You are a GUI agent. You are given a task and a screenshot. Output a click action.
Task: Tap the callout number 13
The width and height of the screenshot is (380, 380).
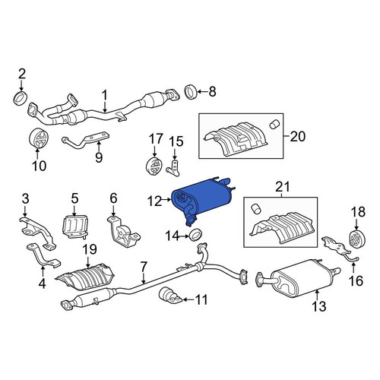click(x=318, y=306)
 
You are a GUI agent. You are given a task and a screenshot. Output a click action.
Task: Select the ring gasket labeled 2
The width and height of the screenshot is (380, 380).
click(x=21, y=99)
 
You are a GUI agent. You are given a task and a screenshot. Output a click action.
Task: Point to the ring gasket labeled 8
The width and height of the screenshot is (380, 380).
click(x=191, y=92)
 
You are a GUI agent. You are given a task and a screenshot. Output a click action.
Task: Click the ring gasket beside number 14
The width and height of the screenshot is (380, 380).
click(x=196, y=235)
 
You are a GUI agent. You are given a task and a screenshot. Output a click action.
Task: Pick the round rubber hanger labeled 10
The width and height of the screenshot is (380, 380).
click(x=38, y=138)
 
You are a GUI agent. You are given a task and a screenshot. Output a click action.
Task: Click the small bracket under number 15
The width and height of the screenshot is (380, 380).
click(x=174, y=168)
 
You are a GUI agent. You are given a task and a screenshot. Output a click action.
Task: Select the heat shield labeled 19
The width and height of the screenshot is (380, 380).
click(x=85, y=277)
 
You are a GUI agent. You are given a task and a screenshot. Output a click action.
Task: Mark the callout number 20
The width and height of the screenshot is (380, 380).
click(x=298, y=137)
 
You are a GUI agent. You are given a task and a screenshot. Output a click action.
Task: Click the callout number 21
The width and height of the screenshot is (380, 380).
click(x=283, y=188)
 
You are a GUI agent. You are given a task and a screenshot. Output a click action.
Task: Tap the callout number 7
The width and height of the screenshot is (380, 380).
click(x=144, y=268)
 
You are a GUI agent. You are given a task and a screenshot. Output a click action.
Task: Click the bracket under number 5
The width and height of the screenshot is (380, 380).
click(x=75, y=226)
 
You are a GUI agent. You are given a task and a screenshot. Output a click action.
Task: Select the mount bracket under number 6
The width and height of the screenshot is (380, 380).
click(x=123, y=232)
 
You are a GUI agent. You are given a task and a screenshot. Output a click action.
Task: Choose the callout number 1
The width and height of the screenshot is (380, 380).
click(x=105, y=96)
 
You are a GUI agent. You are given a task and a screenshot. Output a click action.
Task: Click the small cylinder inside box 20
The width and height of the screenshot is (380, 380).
click(x=274, y=124)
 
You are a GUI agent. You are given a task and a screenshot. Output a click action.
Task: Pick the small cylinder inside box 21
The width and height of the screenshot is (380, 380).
click(x=256, y=210)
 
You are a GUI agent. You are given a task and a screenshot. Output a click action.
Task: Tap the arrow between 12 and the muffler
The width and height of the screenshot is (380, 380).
click(x=166, y=200)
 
